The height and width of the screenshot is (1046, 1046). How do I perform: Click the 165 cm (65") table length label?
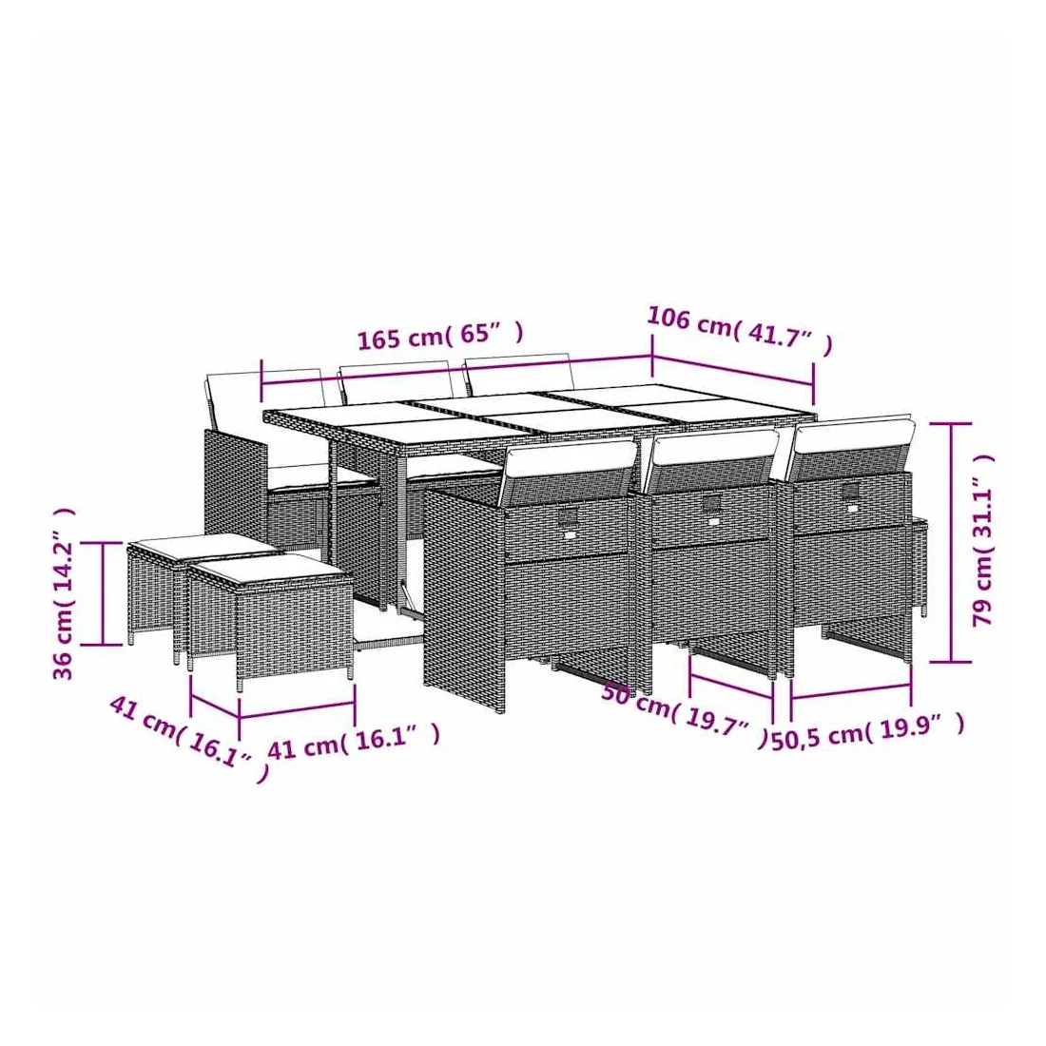pos(440,336)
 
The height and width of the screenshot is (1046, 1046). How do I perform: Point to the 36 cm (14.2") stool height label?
pos(63,593)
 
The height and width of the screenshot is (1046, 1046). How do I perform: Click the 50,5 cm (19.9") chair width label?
pos(868,731)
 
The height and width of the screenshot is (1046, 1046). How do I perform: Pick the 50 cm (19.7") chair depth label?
pos(685,714)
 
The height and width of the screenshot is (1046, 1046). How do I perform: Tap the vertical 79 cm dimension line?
pos(951,542)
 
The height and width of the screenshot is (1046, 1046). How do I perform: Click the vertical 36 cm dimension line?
pos(104,593)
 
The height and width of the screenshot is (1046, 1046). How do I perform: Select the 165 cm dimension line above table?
pos(457,370)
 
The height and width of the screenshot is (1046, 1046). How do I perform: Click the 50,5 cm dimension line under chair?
pos(850,691)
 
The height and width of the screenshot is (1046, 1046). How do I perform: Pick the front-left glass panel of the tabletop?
pos(420,433)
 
